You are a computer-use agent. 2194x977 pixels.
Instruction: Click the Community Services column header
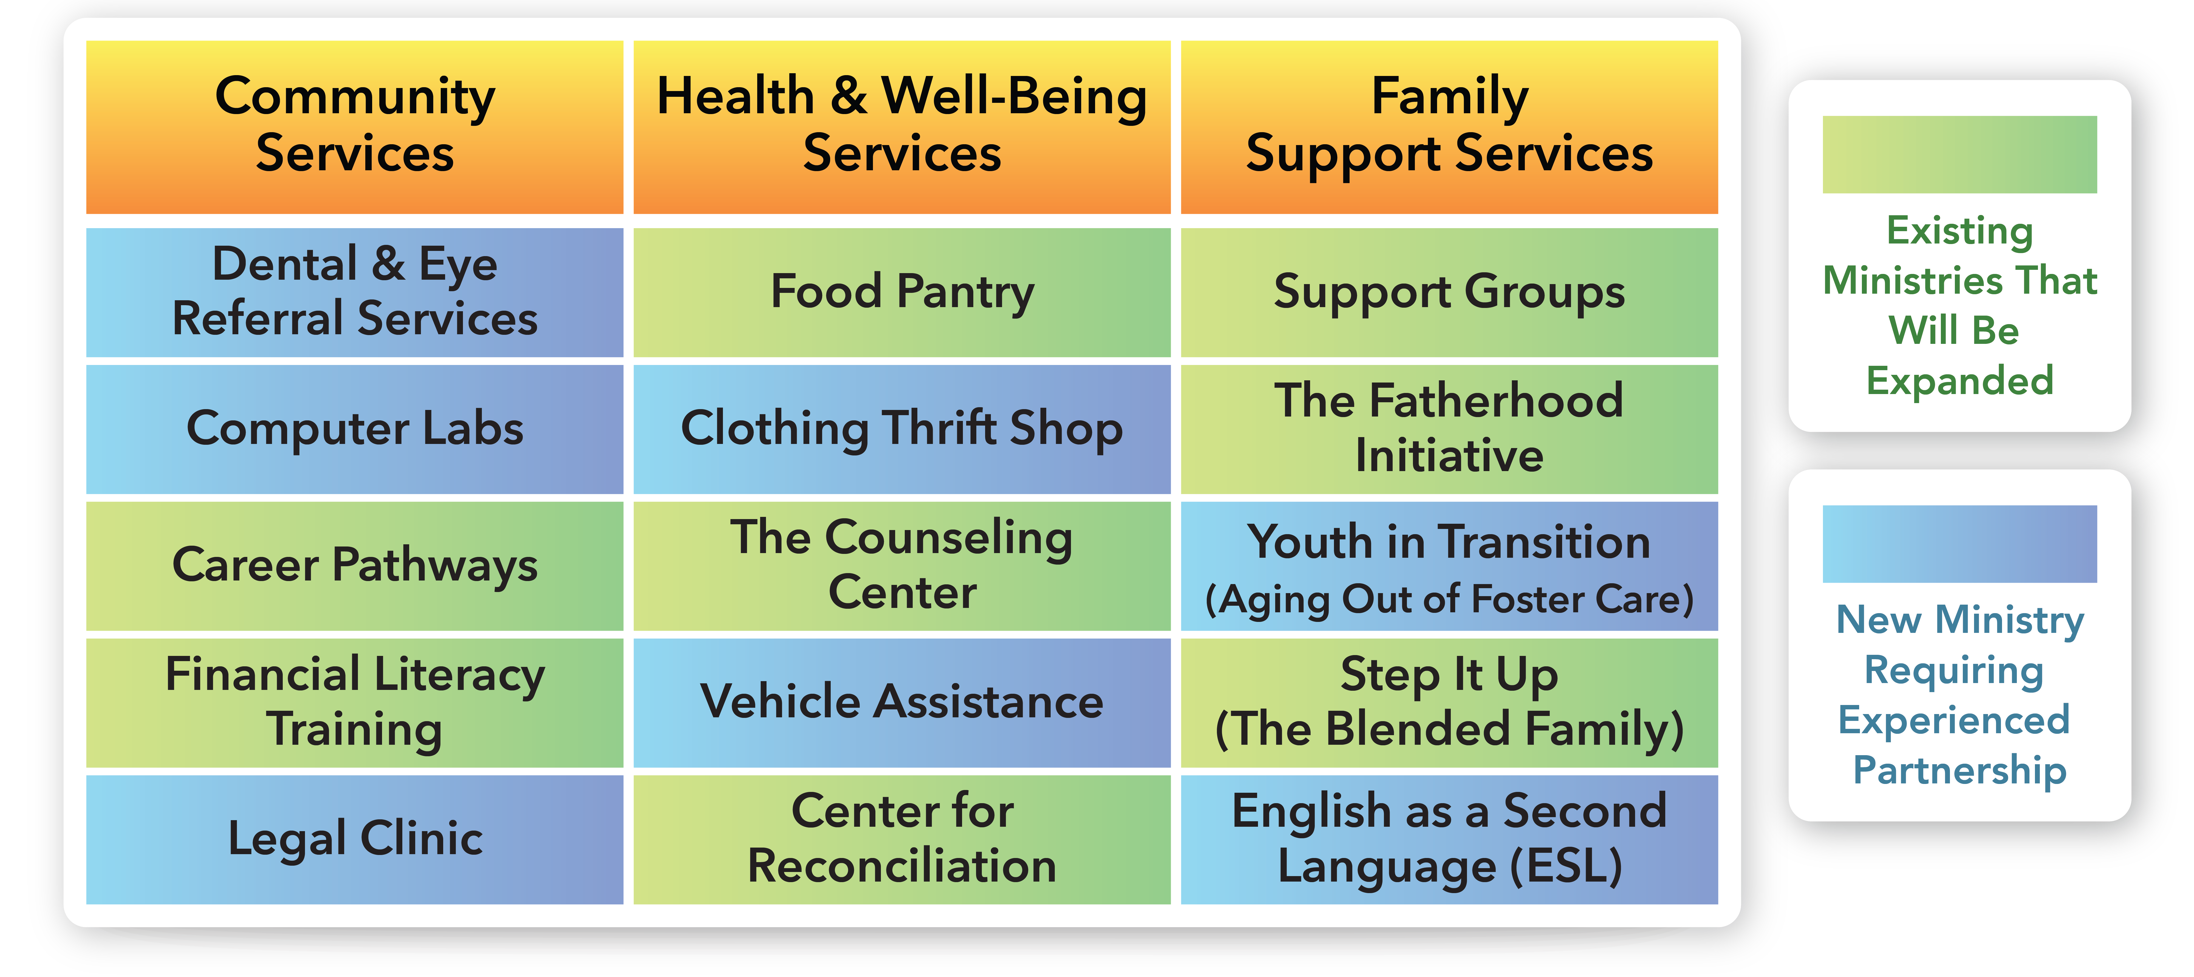(354, 127)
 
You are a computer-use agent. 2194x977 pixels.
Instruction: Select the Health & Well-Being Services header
(902, 127)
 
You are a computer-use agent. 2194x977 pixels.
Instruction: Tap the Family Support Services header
(1450, 127)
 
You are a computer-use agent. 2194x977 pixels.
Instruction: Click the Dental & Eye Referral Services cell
(354, 292)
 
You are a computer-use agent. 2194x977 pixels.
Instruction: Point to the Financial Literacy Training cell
(354, 703)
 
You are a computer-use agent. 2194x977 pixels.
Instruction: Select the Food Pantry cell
(902, 292)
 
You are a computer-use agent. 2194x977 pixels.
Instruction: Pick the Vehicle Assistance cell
(902, 703)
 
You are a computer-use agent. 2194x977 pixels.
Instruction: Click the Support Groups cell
(1450, 292)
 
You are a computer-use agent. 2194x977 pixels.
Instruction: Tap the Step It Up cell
(1450, 703)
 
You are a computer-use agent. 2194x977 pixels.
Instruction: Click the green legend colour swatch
(1960, 154)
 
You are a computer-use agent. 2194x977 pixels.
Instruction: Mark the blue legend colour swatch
(1960, 543)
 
